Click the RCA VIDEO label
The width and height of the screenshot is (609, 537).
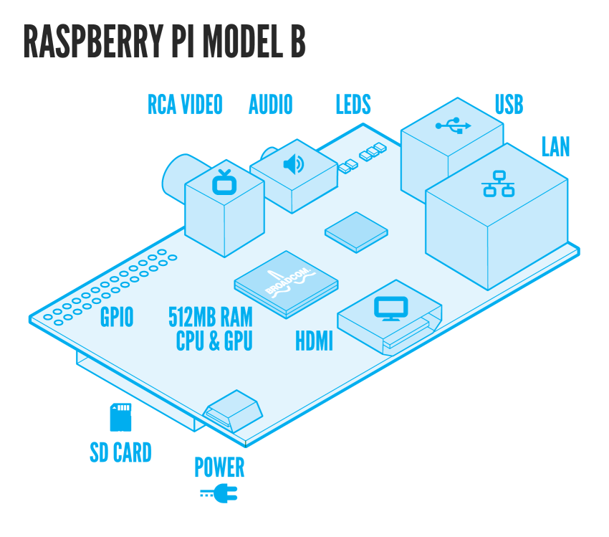point(185,105)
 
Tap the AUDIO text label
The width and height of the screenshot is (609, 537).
point(270,105)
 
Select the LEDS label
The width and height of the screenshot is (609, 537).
point(353,105)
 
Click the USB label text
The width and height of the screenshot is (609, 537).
point(509,105)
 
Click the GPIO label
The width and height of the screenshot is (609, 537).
point(117,318)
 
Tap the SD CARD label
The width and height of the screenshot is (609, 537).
point(120,453)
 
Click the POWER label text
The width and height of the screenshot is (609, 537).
point(219,467)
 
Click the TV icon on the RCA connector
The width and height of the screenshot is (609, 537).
point(224,182)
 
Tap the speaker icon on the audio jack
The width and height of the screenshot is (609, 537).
point(293,165)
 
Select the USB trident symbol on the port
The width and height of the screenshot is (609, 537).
point(453,126)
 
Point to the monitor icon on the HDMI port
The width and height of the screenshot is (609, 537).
point(390,308)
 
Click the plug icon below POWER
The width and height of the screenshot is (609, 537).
point(219,493)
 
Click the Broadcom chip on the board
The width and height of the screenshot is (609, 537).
point(285,282)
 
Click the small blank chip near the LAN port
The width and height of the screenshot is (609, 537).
point(355,231)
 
